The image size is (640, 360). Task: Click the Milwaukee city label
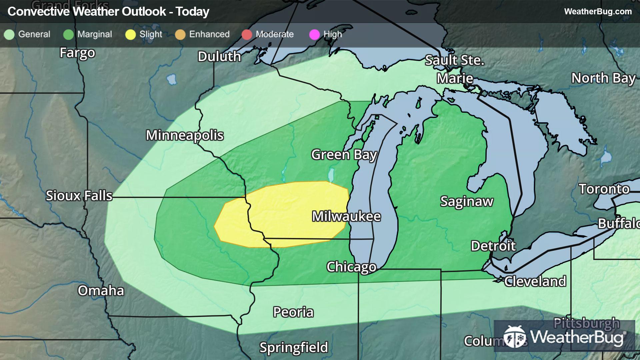[x=346, y=217]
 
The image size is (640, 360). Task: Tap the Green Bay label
[x=344, y=155]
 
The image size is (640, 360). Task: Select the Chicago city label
[x=351, y=267]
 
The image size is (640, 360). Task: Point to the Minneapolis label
[x=185, y=135]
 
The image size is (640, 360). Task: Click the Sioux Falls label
[x=79, y=196]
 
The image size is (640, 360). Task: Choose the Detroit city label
[x=493, y=246]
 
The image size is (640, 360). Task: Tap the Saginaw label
[x=467, y=201]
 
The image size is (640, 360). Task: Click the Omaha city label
[x=101, y=291]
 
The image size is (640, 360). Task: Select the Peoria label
[x=293, y=312]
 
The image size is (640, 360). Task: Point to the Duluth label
[x=219, y=57]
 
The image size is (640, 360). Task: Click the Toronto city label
[x=604, y=189]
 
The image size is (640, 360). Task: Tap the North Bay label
[x=603, y=78]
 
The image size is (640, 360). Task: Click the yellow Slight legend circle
[x=130, y=34]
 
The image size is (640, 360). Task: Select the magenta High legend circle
[x=314, y=34]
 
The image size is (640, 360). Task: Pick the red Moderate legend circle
[x=247, y=34]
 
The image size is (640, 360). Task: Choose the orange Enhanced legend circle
[x=180, y=34]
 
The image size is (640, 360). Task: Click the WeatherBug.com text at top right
[x=598, y=11]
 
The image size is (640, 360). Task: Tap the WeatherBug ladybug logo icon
[x=515, y=336]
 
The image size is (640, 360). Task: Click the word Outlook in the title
[x=144, y=12]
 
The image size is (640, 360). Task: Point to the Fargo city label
[x=77, y=53]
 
